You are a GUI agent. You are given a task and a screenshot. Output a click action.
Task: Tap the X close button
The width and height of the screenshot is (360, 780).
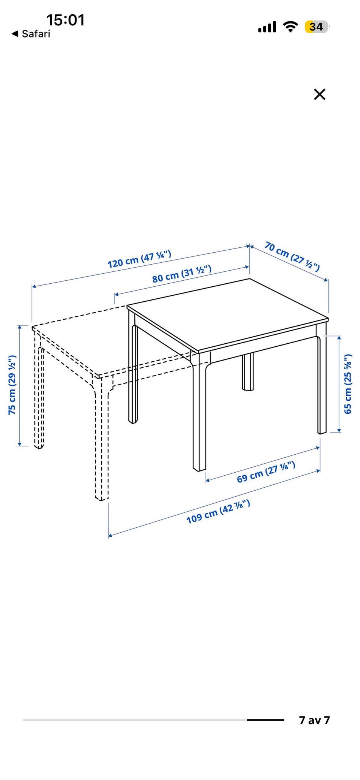point(319,94)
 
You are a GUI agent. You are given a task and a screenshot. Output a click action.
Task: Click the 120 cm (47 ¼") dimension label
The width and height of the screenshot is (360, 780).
point(139,259)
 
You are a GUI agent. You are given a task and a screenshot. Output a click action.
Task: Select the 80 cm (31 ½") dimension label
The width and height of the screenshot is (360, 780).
point(182,274)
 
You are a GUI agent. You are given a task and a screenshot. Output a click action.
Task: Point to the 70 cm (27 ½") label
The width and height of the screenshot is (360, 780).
point(292,256)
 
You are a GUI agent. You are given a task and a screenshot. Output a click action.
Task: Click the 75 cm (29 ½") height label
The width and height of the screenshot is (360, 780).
point(12,385)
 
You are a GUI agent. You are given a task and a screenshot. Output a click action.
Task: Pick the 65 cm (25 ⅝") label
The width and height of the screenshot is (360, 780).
point(348,383)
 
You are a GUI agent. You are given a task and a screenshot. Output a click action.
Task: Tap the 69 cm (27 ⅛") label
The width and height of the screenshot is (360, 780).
point(266,472)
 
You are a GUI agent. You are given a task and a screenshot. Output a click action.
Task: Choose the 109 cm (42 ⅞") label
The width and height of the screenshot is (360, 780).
point(218,512)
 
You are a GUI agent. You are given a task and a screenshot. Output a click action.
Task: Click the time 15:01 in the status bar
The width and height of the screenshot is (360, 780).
point(66,20)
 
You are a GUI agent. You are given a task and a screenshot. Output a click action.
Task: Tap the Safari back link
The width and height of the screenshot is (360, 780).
point(31,34)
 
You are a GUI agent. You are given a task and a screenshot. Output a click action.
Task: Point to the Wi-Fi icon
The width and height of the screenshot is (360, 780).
point(290,27)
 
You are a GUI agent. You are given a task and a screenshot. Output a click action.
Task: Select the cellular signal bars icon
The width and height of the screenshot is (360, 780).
point(267,27)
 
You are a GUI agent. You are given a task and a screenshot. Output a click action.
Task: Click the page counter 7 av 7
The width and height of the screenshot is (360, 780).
point(314,720)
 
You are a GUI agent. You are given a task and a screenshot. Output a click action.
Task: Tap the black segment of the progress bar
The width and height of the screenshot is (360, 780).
point(265,720)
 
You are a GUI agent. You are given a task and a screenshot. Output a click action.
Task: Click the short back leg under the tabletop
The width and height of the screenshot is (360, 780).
point(247,371)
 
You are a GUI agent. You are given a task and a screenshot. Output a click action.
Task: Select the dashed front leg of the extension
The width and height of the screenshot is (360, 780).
point(101,439)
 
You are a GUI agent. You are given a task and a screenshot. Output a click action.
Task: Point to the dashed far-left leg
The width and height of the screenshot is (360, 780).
point(39,392)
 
